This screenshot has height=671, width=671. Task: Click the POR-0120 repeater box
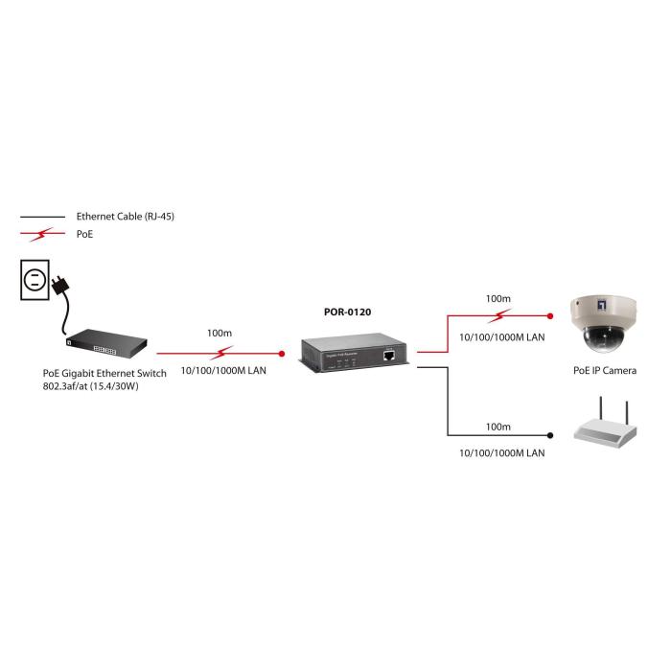pyautogui.click(x=355, y=354)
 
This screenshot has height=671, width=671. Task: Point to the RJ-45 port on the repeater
pyautogui.click(x=389, y=355)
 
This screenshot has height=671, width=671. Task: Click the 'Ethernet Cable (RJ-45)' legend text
pyautogui.click(x=125, y=217)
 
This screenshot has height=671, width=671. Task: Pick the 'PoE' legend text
pyautogui.click(x=84, y=233)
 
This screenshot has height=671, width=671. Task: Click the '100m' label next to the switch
pyautogui.click(x=219, y=333)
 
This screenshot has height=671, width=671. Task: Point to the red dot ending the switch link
pyautogui.click(x=281, y=354)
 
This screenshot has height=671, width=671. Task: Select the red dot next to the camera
pyautogui.click(x=550, y=315)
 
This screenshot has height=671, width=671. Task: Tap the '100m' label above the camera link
pyautogui.click(x=497, y=299)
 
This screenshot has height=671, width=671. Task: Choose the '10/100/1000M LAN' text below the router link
pyautogui.click(x=502, y=451)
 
